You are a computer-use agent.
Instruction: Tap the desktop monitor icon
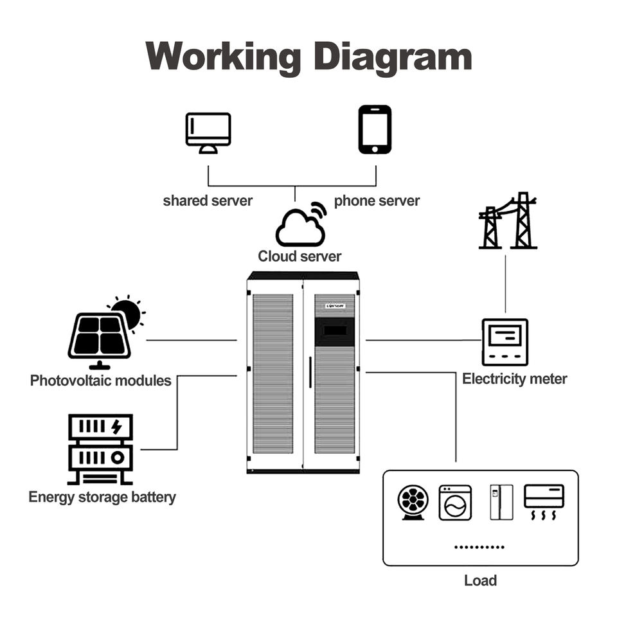pyautogui.click(x=208, y=132)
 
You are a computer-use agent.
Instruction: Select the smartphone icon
pyautogui.click(x=375, y=129)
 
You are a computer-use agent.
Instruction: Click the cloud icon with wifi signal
pyautogui.click(x=301, y=226)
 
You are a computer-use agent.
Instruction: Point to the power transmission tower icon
pyautogui.click(x=508, y=221)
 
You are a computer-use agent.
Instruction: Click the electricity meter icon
pyautogui.click(x=505, y=341)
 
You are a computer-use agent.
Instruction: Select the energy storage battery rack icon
pyautogui.click(x=100, y=449)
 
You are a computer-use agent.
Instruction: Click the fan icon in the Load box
pyautogui.click(x=413, y=502)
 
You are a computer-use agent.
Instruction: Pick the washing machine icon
pyautogui.click(x=455, y=502)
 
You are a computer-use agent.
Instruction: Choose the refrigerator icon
pyautogui.click(x=501, y=502)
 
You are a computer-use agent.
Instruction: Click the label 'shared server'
pyautogui.click(x=208, y=201)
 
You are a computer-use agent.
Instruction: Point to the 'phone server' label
pyautogui.click(x=377, y=201)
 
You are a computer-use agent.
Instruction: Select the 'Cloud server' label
pyautogui.click(x=300, y=256)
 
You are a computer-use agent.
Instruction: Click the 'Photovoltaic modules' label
pyautogui.click(x=101, y=380)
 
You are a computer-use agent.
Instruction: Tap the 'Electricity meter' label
pyautogui.click(x=515, y=379)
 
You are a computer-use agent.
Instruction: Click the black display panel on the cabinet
pyautogui.click(x=334, y=330)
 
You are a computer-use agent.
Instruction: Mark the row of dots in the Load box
pyautogui.click(x=479, y=547)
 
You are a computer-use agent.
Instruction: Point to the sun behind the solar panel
pyautogui.click(x=129, y=312)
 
